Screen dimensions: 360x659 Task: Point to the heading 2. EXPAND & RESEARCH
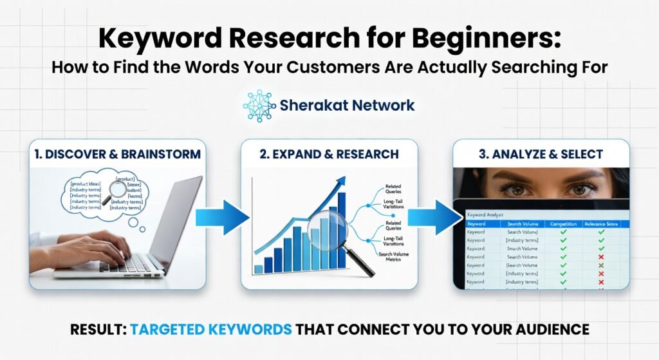(329, 155)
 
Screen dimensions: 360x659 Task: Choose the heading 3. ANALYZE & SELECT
(541, 155)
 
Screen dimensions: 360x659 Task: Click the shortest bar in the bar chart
(259, 269)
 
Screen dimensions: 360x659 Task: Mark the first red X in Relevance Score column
(601, 257)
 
